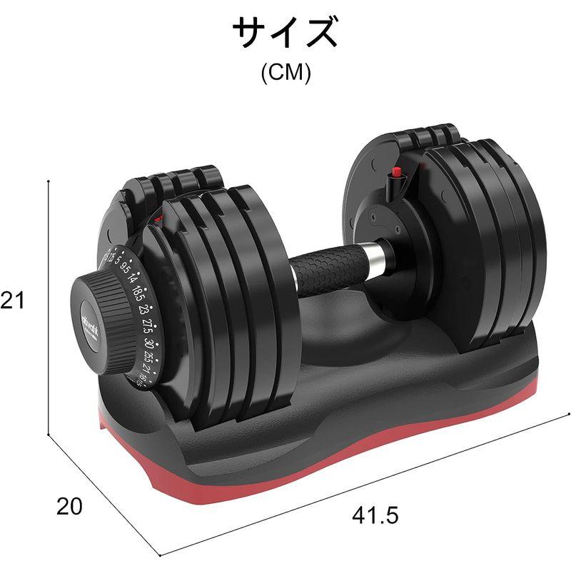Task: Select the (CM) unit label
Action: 285,74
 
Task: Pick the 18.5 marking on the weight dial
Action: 138,294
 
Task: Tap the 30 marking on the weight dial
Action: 148,343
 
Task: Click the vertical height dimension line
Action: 48,307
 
